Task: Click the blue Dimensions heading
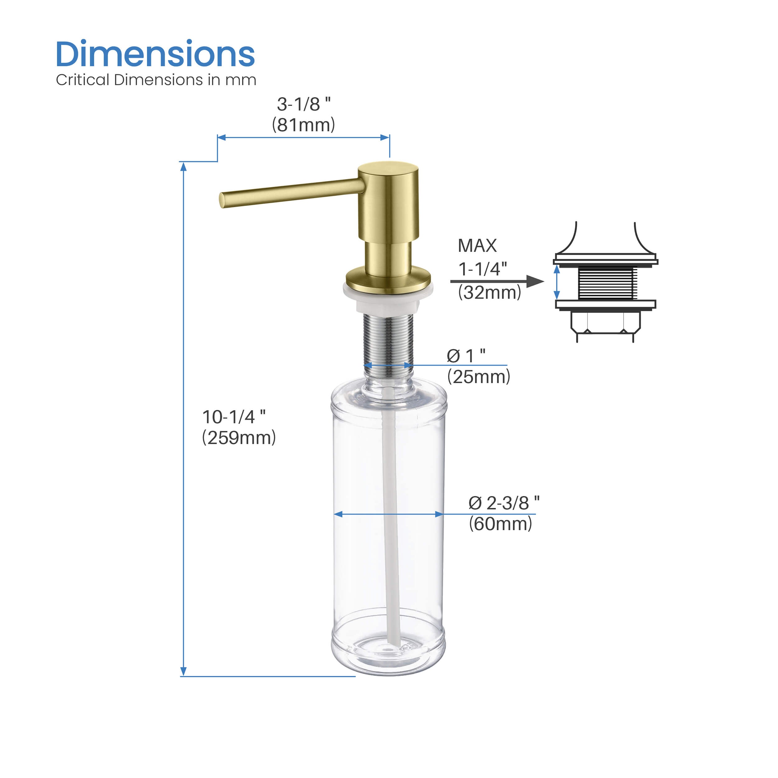tap(155, 54)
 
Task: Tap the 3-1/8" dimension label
tap(304, 104)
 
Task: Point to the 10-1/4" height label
tap(234, 417)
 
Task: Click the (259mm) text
tap(239, 438)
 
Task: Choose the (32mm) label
tap(489, 292)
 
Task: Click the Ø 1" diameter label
tap(466, 356)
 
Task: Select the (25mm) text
tap(478, 377)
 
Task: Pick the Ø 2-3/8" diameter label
tap(503, 503)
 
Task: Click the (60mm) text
tap(500, 524)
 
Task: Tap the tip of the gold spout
tap(222, 200)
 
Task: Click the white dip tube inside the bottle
tap(391, 523)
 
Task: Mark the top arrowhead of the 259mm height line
tap(184, 167)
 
